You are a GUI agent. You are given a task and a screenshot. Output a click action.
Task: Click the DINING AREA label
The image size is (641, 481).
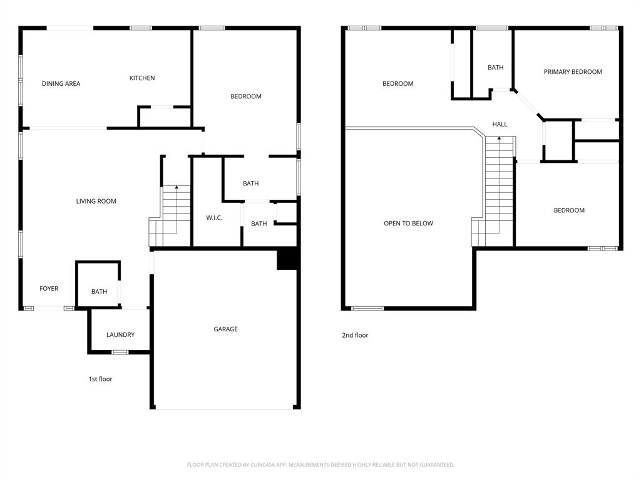pyautogui.click(x=61, y=84)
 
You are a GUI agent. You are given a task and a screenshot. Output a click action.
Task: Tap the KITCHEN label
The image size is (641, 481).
pyautogui.click(x=142, y=78)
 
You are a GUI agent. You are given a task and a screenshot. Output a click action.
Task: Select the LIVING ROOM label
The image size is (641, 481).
pyautogui.click(x=96, y=202)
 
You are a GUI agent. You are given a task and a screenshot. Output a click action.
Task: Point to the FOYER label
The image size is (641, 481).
pyautogui.click(x=49, y=289)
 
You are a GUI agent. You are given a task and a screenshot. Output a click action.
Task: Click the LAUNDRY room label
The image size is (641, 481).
pyautogui.click(x=120, y=335)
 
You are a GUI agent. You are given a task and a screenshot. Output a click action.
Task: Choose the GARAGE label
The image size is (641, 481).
pyautogui.click(x=225, y=329)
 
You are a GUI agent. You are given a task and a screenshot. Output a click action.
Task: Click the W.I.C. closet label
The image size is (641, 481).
pyautogui.click(x=214, y=218)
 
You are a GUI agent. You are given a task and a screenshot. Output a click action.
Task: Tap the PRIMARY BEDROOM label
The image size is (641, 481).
pyautogui.click(x=573, y=72)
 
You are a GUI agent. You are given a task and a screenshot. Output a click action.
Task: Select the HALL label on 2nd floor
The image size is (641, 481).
pyautogui.click(x=500, y=125)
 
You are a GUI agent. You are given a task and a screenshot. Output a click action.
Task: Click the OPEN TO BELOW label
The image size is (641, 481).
pyautogui.click(x=408, y=224)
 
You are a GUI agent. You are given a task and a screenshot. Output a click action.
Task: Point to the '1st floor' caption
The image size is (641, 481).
pyautogui.click(x=100, y=379)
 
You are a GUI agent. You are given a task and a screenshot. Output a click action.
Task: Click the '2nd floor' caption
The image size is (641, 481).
pyautogui.click(x=355, y=336)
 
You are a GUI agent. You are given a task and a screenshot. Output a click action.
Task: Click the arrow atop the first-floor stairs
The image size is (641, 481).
pyautogui.click(x=177, y=187)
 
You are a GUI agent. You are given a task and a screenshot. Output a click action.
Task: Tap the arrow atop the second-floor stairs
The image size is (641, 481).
pyautogui.click(x=499, y=138)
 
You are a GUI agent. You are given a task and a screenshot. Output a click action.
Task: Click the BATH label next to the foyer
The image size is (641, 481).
pyautogui.click(x=99, y=292)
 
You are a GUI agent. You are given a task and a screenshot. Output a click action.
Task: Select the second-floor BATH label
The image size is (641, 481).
pyautogui.click(x=496, y=68)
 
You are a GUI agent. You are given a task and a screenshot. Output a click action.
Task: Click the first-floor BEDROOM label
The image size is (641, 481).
pyautogui.click(x=246, y=96)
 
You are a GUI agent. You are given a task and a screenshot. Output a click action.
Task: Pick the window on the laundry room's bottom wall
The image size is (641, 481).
pyautogui.click(x=120, y=352)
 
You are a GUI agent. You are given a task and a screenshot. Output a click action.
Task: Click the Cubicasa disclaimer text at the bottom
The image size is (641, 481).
pyautogui.click(x=320, y=465)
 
